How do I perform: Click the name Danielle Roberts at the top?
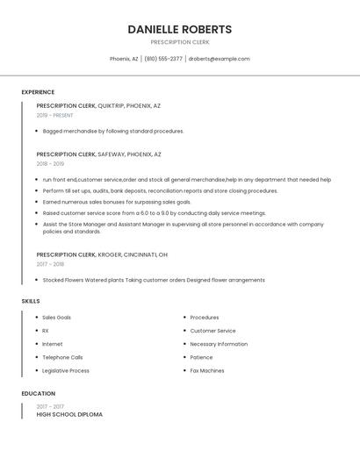[179, 29]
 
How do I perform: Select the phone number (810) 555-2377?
[163, 59]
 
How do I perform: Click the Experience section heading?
[38, 92]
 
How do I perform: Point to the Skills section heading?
[31, 301]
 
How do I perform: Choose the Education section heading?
[38, 393]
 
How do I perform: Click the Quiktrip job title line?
[98, 105]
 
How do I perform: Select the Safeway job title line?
[98, 154]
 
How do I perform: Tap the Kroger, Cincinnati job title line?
[102, 254]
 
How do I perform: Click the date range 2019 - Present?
[54, 115]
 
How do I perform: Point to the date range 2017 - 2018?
[50, 264]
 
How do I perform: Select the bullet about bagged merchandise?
[113, 131]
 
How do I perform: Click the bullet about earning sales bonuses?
[116, 202]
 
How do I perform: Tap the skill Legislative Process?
[66, 370]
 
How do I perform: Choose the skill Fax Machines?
[207, 370]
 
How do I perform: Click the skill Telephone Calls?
[62, 357]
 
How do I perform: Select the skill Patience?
[201, 357]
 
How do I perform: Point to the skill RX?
[46, 331]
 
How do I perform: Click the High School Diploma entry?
[69, 414]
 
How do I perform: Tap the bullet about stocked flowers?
[154, 280]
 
